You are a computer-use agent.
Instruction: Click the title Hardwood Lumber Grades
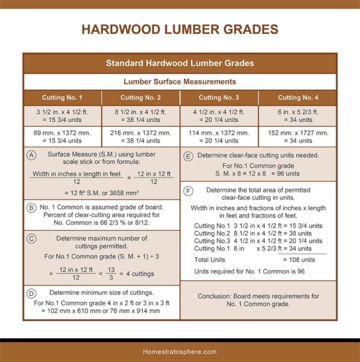click(179, 30)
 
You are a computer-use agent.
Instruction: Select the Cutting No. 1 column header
click(62, 98)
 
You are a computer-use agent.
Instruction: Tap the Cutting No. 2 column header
click(140, 98)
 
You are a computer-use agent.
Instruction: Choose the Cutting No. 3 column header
click(219, 98)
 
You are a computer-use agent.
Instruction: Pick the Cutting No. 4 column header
click(297, 98)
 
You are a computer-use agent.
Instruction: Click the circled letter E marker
click(188, 156)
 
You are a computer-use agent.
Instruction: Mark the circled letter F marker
click(188, 191)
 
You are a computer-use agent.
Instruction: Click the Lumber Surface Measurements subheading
click(179, 82)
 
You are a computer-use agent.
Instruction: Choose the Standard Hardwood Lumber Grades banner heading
click(179, 63)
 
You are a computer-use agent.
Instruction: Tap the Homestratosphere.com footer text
click(179, 351)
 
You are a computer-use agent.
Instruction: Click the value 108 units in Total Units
click(299, 260)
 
